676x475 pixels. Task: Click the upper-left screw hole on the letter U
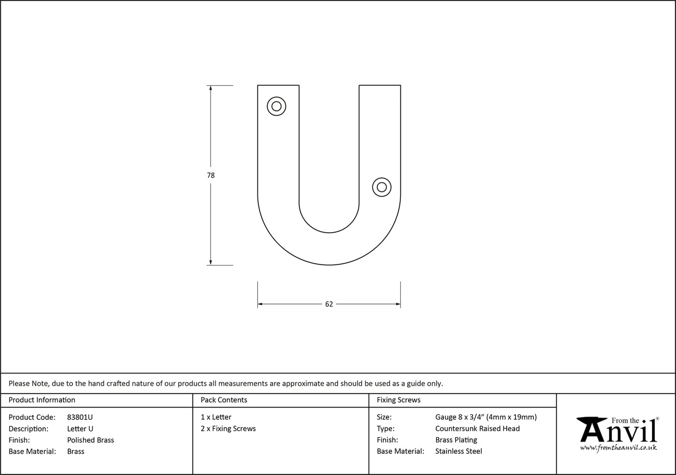tap(276, 106)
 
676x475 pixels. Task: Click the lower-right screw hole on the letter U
tap(381, 187)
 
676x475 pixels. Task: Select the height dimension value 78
tap(210, 175)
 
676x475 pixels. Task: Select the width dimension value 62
tap(329, 304)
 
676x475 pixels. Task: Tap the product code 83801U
tap(80, 417)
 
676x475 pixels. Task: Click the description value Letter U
tap(80, 429)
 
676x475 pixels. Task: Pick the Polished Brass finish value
tap(90, 440)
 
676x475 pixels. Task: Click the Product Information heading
tap(42, 400)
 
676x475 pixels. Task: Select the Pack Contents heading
tap(224, 400)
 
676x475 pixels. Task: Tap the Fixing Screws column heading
tap(399, 400)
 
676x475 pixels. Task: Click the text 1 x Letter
tap(216, 417)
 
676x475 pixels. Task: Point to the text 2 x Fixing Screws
tap(228, 429)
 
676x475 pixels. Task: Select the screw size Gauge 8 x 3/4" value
tap(486, 417)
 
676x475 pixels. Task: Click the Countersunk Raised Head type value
tap(477, 429)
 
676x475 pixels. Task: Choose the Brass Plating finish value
tap(456, 440)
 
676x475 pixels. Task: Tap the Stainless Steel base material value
tap(458, 452)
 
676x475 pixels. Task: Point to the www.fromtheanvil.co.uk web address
tap(618, 448)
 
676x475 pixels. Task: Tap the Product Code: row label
tap(32, 417)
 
